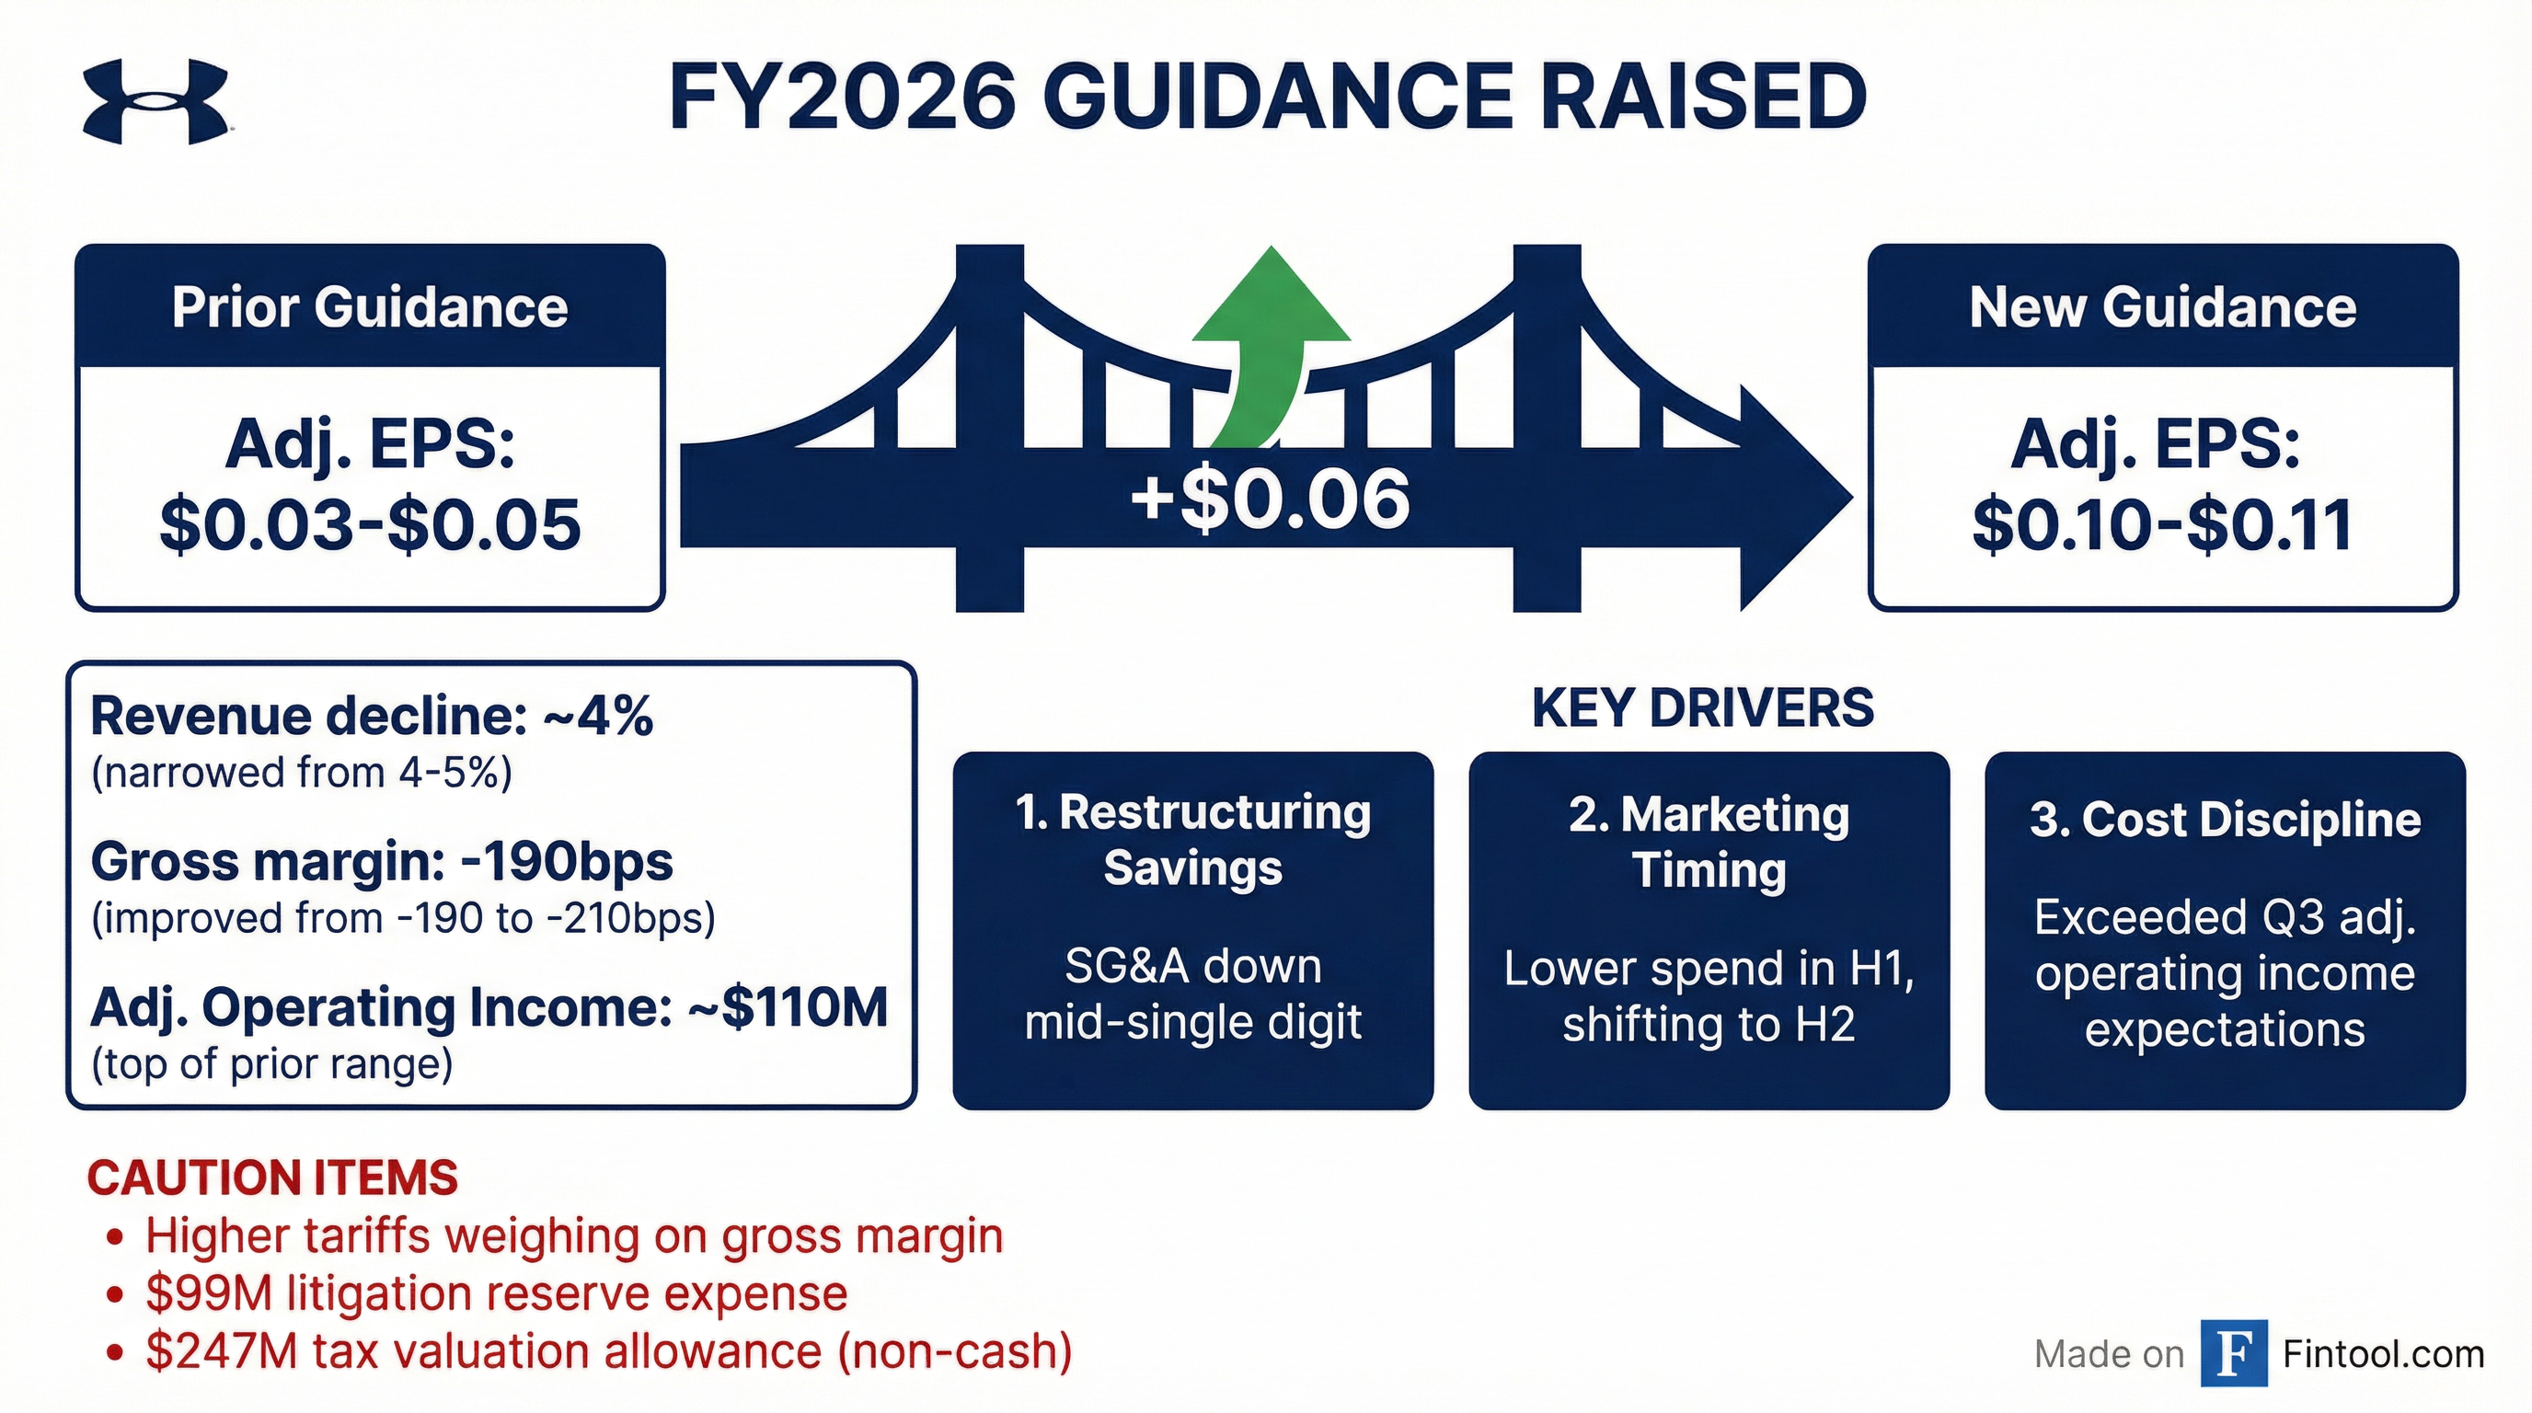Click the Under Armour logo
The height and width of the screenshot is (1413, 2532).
156,101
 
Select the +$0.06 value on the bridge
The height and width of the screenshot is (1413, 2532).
1270,500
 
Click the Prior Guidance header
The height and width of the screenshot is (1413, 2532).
370,306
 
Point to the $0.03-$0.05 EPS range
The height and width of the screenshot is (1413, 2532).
370,524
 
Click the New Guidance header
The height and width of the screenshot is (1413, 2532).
2162,306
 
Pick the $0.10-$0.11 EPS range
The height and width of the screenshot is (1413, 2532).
2162,524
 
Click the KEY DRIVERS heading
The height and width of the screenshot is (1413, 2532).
1702,707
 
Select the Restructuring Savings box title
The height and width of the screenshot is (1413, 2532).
1193,840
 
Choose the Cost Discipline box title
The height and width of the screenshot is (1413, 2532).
2226,820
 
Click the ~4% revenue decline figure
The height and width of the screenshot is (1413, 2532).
599,716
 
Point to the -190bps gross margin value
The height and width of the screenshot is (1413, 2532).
566,862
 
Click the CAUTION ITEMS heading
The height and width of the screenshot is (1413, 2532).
272,1177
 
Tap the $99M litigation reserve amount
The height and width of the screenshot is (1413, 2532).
208,1294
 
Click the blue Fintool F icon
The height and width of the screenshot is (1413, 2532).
2234,1353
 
